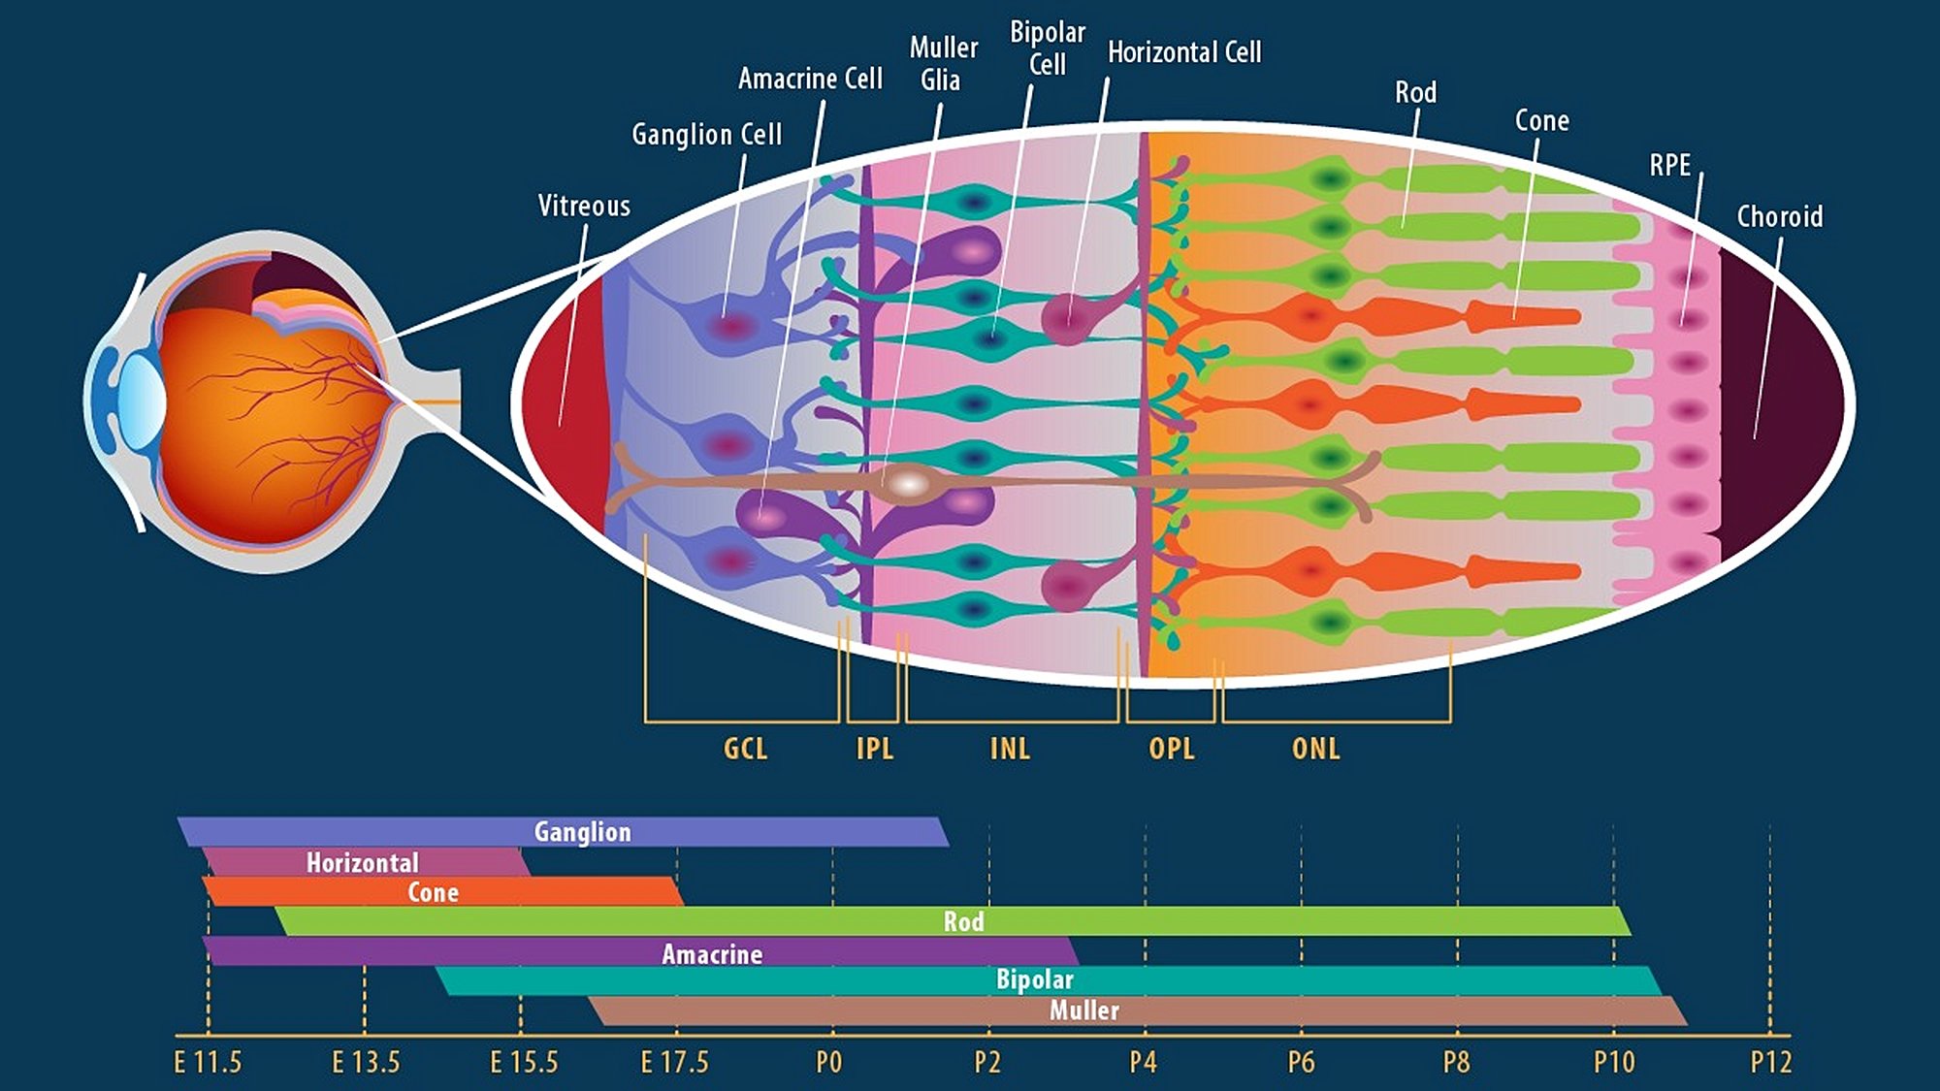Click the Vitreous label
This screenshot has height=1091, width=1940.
click(584, 206)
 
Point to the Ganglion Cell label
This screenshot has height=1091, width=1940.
click(706, 134)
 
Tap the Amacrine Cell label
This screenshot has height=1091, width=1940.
click(810, 79)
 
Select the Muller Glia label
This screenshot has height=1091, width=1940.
click(942, 64)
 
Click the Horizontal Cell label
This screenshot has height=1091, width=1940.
click(1184, 52)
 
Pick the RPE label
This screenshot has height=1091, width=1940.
click(1669, 166)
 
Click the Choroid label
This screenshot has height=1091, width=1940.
click(1779, 216)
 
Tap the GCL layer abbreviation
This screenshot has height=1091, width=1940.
click(745, 749)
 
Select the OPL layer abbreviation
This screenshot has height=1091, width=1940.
click(1171, 749)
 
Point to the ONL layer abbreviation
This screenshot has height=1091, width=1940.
click(1315, 749)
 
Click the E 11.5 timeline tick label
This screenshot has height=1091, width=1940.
click(208, 1063)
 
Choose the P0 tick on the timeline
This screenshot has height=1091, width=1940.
click(829, 1063)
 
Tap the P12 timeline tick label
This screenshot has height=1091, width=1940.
click(1770, 1063)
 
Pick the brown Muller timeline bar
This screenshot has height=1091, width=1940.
click(1261, 1011)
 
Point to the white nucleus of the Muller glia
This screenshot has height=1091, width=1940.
click(908, 483)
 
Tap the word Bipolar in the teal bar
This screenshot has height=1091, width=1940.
click(1034, 979)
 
